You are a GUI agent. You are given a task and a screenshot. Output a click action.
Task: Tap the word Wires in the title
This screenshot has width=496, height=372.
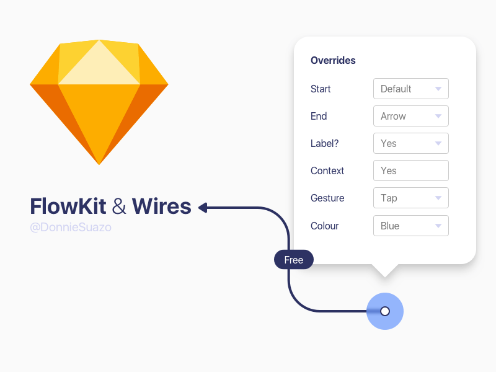(161, 206)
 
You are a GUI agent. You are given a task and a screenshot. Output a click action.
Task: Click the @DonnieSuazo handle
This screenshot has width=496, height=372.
(71, 228)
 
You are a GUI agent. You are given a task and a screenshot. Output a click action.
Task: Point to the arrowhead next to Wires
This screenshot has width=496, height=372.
(203, 208)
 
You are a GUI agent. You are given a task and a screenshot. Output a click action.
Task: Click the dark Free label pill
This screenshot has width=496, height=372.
(294, 260)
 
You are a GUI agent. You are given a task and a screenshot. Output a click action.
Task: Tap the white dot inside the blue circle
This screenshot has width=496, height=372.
(385, 311)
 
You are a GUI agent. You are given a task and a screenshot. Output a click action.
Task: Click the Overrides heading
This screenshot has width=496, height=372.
(333, 61)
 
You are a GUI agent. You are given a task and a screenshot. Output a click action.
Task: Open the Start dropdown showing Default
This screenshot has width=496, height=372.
(410, 89)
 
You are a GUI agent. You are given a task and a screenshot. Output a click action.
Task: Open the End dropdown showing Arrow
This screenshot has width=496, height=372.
(410, 116)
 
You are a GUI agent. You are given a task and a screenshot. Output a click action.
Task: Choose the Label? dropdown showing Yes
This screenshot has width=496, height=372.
(410, 143)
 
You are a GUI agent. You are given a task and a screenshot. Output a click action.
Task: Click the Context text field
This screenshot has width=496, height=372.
(410, 170)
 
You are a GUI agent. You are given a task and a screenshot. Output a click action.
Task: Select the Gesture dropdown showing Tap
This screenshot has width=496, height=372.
(410, 198)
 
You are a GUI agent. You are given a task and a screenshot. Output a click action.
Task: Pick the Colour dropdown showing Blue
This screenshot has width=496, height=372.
(410, 226)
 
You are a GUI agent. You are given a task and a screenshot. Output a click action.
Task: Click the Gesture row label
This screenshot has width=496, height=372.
(327, 198)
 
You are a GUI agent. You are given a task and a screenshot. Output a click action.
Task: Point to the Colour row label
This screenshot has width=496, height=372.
(324, 226)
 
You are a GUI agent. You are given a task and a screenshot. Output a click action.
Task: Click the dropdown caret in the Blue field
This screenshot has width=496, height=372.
(438, 226)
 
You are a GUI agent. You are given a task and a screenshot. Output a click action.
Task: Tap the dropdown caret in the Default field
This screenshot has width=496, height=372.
(438, 89)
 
